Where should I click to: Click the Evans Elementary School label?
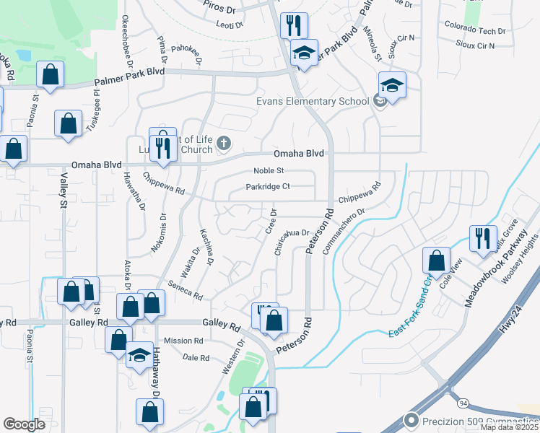pos(313,101)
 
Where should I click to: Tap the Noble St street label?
pos(269,171)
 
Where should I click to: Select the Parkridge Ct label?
pos(267,186)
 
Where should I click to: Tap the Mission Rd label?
pos(183,341)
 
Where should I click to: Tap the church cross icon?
pos(223,143)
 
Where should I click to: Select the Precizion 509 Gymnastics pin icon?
pos(411,420)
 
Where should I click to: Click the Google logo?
pos(25,424)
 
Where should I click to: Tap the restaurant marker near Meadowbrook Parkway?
pos(482,238)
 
